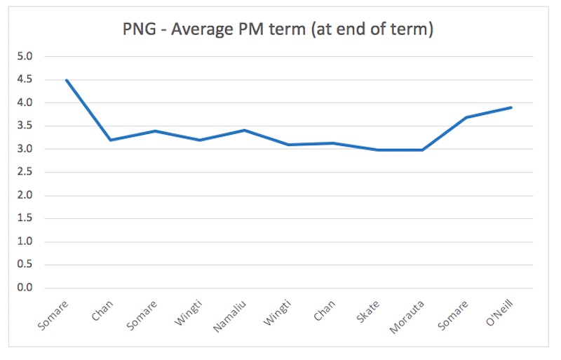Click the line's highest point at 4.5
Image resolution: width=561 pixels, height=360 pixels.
tap(66, 80)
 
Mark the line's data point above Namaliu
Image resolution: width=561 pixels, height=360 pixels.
tap(244, 130)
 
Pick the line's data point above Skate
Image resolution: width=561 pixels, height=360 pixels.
tap(378, 149)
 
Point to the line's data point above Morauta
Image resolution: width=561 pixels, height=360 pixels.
tap(422, 149)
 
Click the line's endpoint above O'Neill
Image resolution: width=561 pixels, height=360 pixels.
tap(511, 107)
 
